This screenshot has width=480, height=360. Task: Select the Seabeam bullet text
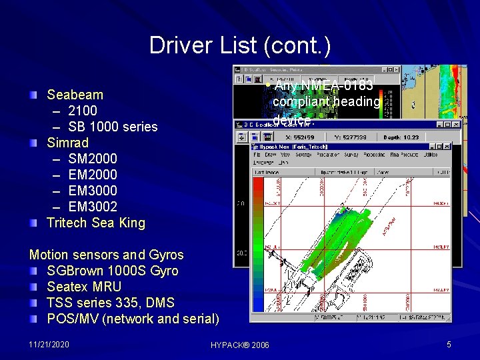75,95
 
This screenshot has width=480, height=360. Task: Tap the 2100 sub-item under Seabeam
83,111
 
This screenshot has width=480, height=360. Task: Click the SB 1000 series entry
113,127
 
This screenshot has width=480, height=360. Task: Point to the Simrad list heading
67,143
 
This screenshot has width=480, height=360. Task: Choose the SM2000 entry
93,159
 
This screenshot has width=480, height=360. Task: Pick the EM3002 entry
93,207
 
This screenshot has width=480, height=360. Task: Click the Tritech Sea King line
95,223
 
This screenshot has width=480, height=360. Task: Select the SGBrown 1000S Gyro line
113,271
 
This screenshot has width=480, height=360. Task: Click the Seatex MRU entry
84,287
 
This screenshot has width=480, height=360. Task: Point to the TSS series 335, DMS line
113,303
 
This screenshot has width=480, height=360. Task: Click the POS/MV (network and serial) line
133,319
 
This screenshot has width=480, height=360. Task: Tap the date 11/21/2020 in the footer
49,344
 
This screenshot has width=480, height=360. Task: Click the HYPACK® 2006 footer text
240,345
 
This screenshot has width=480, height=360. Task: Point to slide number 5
449,344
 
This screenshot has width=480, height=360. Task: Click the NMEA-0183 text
337,86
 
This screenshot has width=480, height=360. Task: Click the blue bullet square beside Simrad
34,143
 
